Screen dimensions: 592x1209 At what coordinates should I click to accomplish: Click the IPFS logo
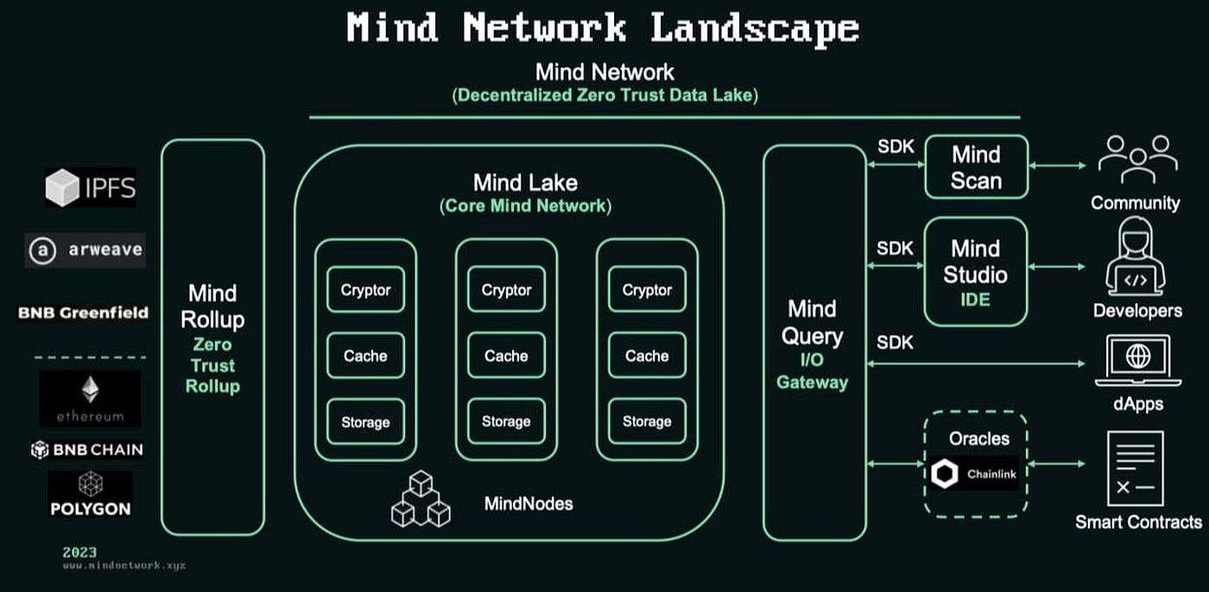pos(91,187)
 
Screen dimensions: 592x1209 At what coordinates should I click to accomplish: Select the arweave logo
pos(85,250)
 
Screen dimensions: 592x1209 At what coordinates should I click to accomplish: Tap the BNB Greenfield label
pos(84,312)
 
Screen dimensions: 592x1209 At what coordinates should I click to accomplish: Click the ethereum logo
pos(90,399)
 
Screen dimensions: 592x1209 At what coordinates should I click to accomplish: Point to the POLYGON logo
pos(90,494)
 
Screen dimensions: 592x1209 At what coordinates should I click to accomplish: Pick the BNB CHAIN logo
pos(86,450)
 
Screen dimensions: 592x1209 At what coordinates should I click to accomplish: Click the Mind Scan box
pos(976,167)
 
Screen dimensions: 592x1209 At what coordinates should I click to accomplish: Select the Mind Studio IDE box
pos(976,271)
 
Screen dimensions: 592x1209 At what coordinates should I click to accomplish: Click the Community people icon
pos(1136,159)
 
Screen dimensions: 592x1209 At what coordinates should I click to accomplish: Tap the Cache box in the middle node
pos(506,356)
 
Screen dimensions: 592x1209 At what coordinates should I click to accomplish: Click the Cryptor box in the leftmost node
pos(365,290)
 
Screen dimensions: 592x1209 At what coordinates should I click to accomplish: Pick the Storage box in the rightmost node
pos(647,422)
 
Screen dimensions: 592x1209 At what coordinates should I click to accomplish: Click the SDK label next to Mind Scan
pos(895,147)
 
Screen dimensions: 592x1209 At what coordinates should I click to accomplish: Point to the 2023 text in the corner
pos(79,552)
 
